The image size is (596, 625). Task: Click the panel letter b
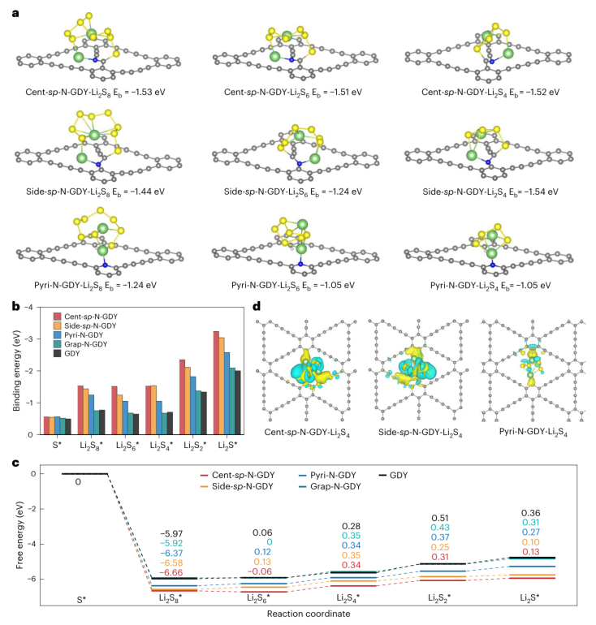(x=16, y=307)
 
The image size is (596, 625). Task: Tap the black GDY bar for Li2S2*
(x=203, y=413)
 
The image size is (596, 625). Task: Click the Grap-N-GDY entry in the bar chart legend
(x=80, y=344)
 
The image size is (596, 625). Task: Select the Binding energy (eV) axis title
(x=17, y=371)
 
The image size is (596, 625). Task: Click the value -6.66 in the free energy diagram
(x=171, y=572)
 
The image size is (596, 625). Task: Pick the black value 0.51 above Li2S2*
(x=440, y=518)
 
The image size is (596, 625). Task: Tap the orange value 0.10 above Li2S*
(x=530, y=542)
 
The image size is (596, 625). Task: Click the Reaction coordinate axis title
(x=309, y=614)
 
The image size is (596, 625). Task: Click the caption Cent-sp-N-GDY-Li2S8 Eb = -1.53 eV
(x=95, y=93)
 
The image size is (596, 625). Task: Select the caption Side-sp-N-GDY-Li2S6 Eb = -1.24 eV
(x=293, y=192)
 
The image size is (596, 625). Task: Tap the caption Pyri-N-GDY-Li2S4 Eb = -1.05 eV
(x=490, y=286)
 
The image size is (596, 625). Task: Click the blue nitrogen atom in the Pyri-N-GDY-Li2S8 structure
(x=106, y=265)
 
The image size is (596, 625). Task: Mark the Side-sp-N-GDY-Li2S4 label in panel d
(x=420, y=433)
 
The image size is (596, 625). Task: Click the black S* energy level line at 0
(x=84, y=474)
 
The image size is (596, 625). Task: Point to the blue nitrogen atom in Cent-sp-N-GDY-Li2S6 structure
(x=292, y=60)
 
